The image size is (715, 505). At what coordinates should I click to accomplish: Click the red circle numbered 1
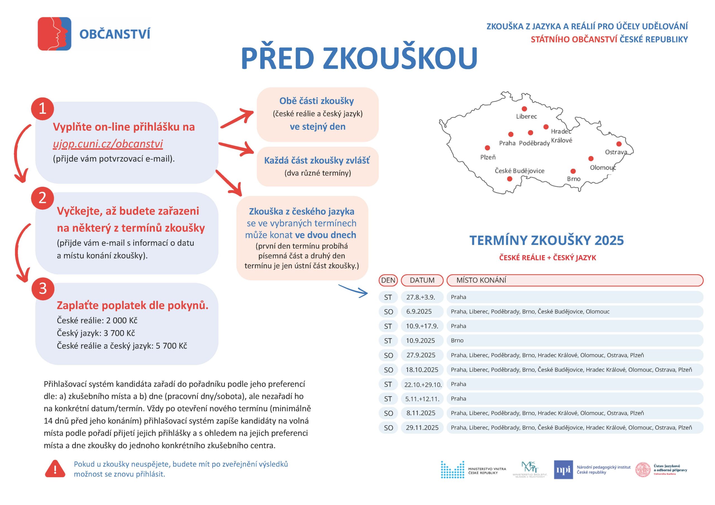coord(42,109)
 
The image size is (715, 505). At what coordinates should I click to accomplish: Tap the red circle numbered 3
coord(43,289)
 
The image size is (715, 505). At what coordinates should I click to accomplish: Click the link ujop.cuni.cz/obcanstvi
coord(108,144)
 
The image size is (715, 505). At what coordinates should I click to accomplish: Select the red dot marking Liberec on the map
coord(525,109)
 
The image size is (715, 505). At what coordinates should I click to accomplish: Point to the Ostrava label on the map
coord(616,152)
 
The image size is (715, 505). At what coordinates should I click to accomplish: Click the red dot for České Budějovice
coord(509,179)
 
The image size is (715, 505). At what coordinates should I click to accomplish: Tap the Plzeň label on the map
coord(488,157)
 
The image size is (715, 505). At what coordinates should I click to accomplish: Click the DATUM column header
coord(422,280)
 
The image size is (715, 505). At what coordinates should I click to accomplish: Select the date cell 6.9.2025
coord(419,311)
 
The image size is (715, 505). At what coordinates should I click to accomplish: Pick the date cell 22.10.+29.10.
coord(423,384)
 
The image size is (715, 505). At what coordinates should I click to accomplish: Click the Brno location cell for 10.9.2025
coord(457,340)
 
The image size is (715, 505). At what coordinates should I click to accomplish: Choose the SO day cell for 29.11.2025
coord(388,428)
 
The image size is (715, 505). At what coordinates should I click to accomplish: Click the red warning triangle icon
coord(55,469)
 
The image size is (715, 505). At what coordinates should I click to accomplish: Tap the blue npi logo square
coord(563,470)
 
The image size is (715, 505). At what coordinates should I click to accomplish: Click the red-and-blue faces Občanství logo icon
coord(54,33)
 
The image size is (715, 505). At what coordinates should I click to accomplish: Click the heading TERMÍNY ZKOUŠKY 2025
coord(547,240)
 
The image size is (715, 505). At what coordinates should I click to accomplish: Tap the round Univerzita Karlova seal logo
coord(643,470)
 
